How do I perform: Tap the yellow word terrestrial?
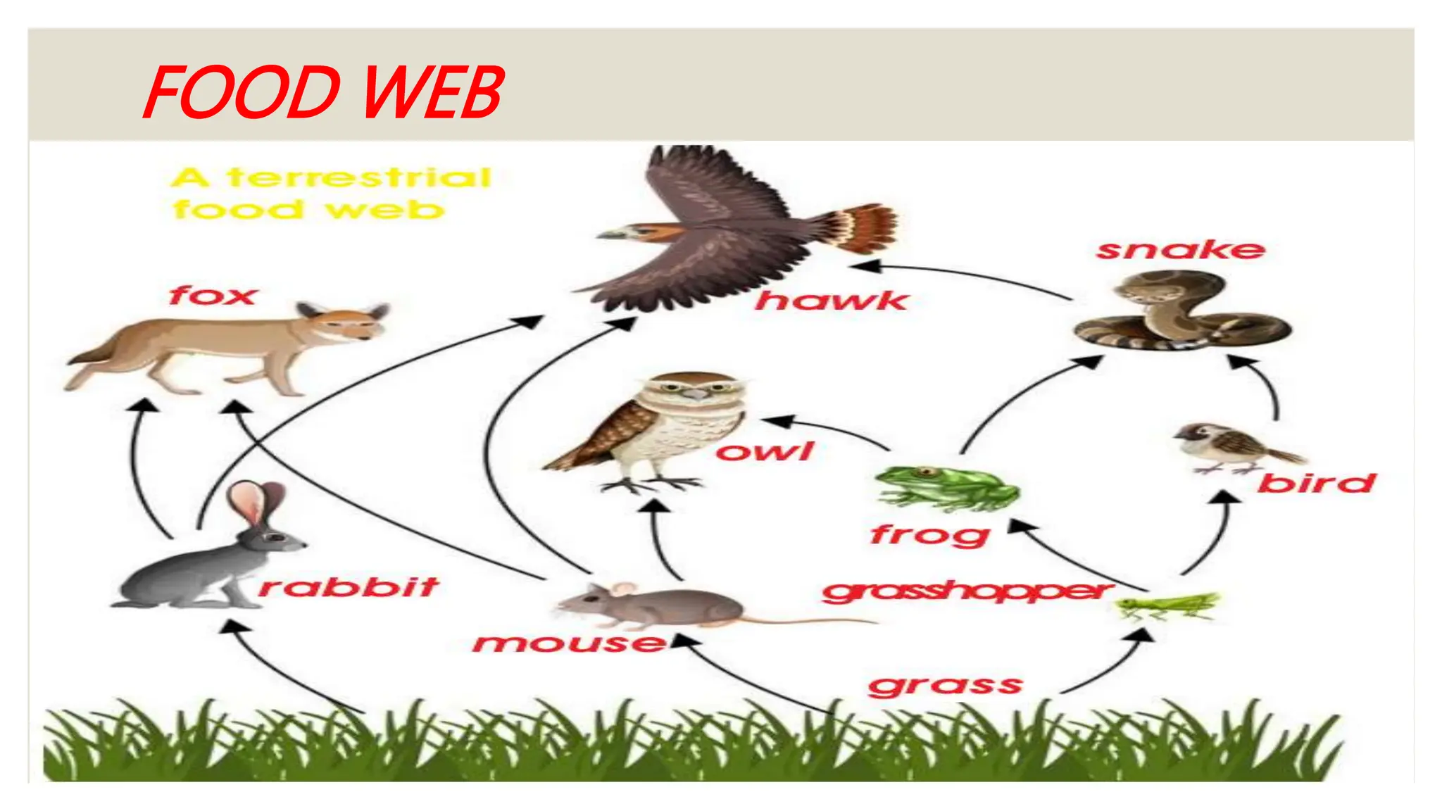(359, 177)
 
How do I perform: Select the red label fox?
(212, 295)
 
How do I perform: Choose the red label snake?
(1181, 249)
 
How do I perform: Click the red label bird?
(1316, 483)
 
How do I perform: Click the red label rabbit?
(349, 586)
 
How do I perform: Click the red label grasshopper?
(967, 591)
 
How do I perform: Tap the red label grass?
(945, 685)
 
